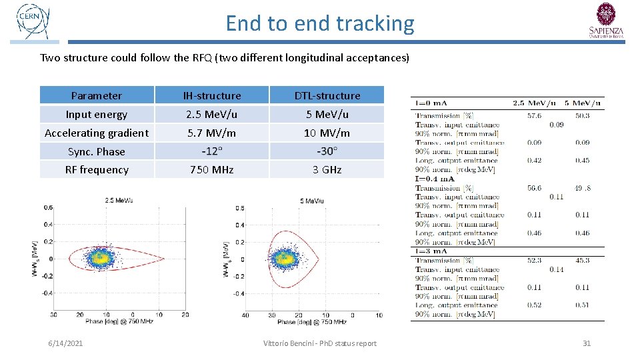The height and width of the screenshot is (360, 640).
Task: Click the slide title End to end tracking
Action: coord(320,23)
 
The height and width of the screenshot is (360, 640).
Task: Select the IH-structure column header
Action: coord(212,95)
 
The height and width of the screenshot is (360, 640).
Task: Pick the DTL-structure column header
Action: coord(327,95)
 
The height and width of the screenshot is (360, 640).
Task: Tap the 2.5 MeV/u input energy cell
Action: coord(212,114)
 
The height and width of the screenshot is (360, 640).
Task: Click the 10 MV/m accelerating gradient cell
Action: coord(327,133)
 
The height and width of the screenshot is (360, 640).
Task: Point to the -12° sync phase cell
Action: coord(212,151)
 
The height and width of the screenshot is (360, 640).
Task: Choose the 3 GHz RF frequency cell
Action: coord(327,169)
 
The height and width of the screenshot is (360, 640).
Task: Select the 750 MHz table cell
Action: coord(212,169)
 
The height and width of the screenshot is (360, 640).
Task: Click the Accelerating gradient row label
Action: coord(97,133)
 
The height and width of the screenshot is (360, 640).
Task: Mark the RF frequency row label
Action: coord(97,169)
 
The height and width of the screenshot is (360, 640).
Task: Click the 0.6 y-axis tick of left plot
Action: coord(49,207)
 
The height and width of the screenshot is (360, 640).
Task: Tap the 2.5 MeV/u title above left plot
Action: coord(118,200)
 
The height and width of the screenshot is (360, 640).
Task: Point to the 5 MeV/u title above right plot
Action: coord(312,200)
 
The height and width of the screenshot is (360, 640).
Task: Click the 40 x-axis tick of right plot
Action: coord(245,315)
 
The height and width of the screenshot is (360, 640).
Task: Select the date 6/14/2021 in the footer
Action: coord(66,343)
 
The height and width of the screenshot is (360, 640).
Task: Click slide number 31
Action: coord(587,343)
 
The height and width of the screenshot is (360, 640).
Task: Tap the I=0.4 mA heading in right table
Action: coord(435,179)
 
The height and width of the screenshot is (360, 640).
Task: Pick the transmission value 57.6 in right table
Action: coord(533,115)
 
